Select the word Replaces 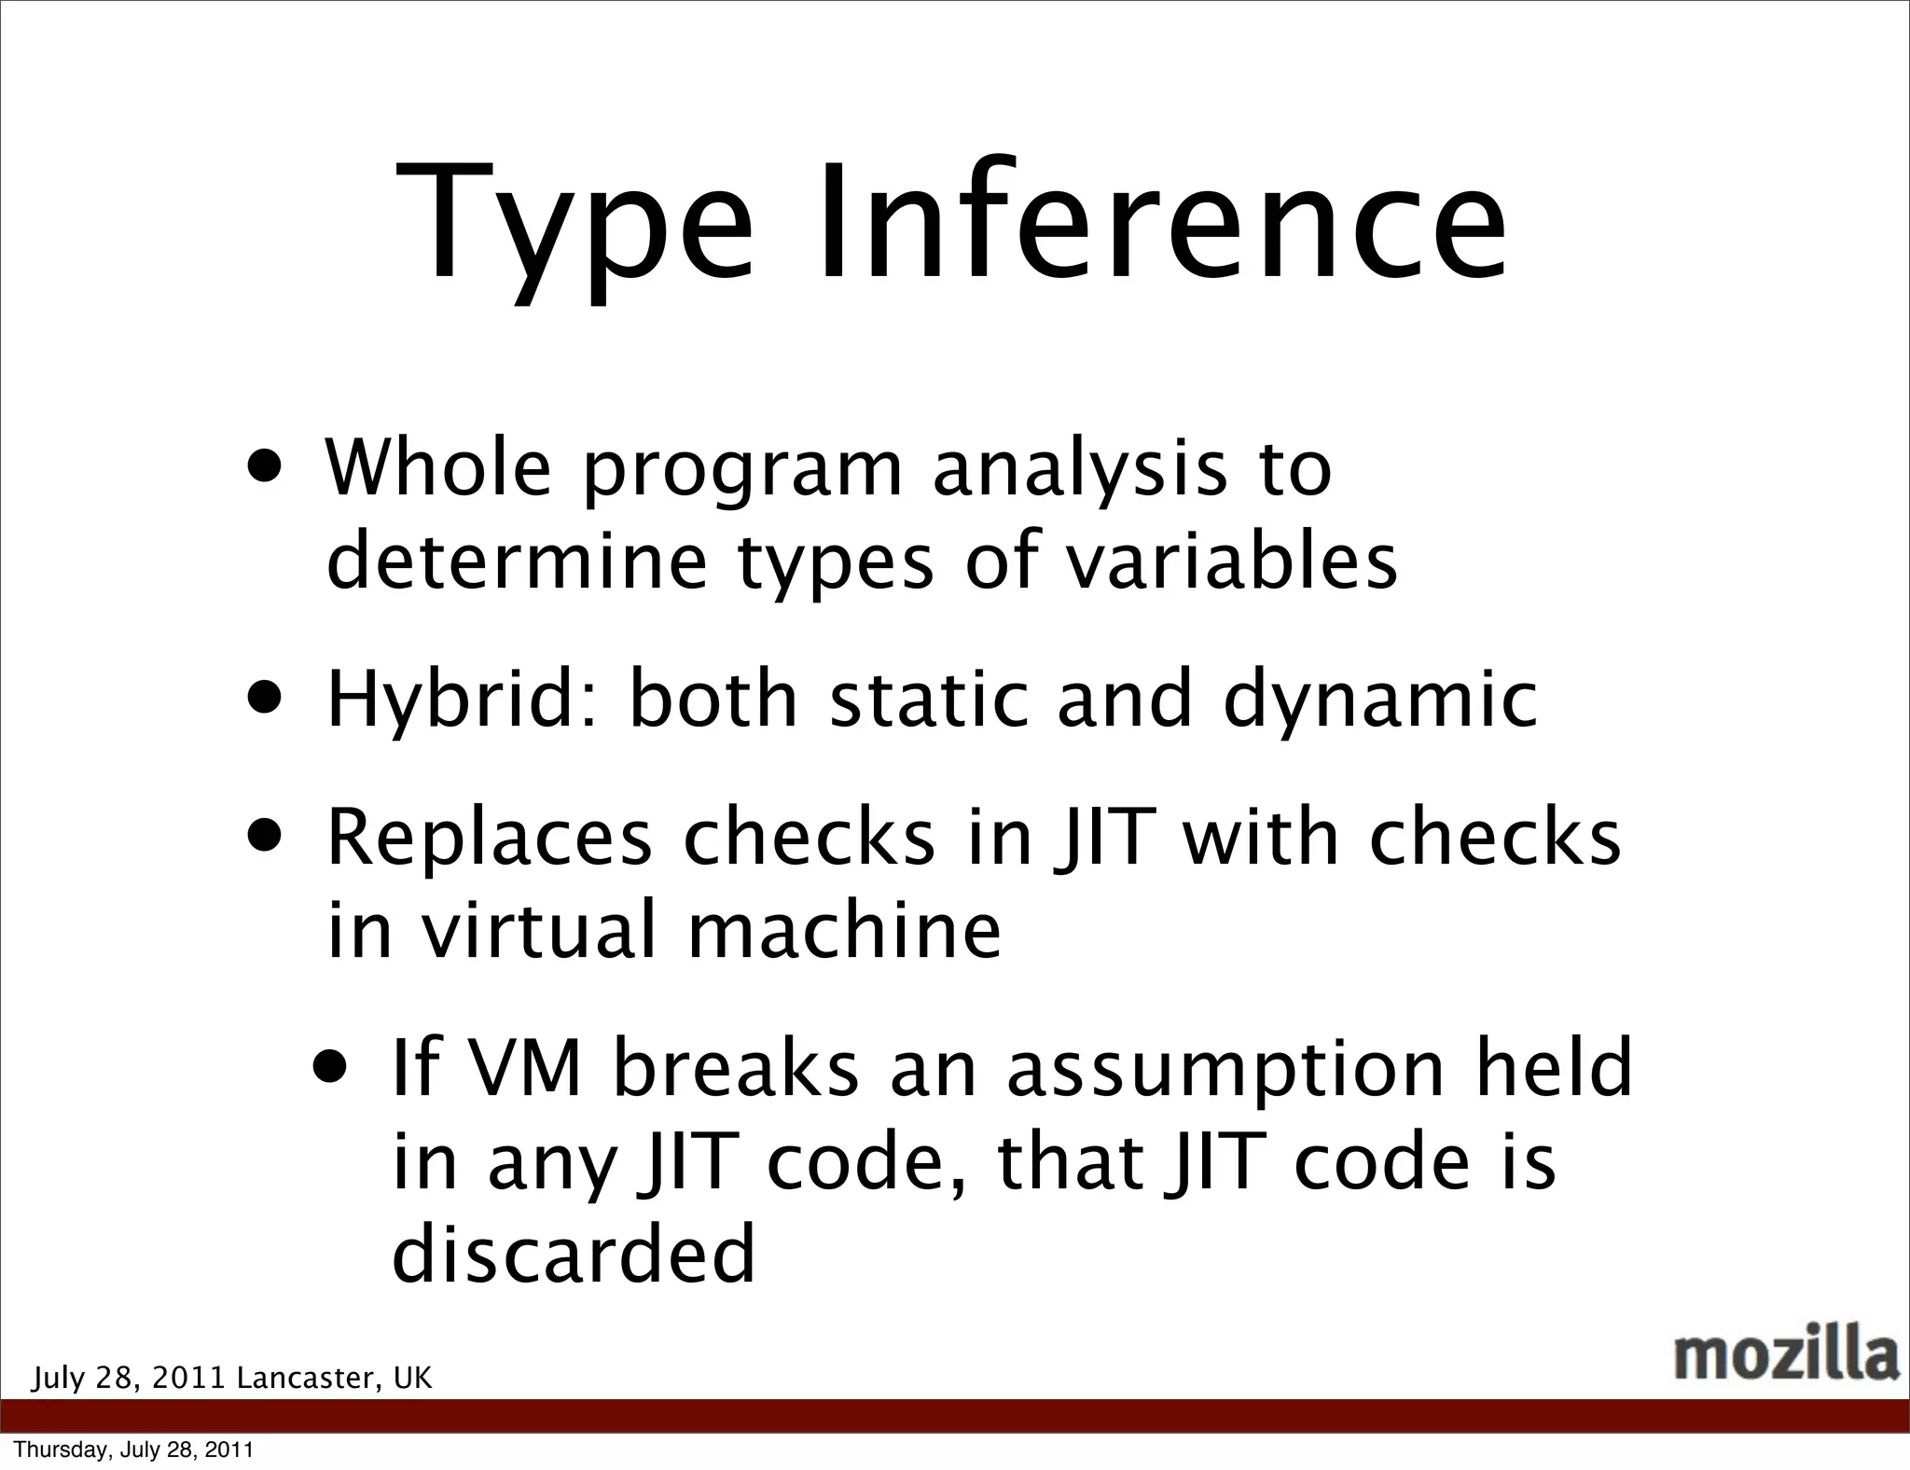490,839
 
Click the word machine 844,930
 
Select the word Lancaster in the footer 308,1378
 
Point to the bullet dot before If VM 332,1063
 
